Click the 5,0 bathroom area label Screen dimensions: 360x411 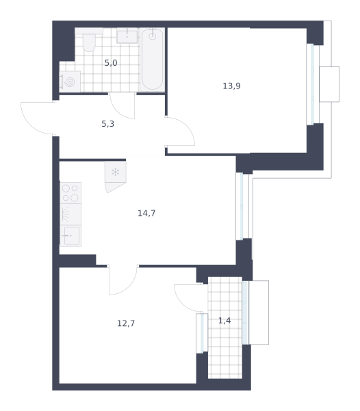click(x=111, y=63)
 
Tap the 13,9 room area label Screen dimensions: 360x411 click(x=231, y=86)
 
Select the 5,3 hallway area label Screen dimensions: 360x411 click(x=108, y=124)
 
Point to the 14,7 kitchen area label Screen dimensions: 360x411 click(x=146, y=213)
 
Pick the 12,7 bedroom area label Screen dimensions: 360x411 click(x=126, y=323)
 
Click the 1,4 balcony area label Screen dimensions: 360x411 click(x=224, y=321)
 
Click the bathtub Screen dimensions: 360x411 click(x=153, y=60)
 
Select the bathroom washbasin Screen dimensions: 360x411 click(x=127, y=36)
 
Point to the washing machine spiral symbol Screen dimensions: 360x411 click(x=69, y=82)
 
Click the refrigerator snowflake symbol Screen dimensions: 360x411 click(x=115, y=172)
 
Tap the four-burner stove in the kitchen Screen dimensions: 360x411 click(x=70, y=193)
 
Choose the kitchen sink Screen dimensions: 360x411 click(x=70, y=236)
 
